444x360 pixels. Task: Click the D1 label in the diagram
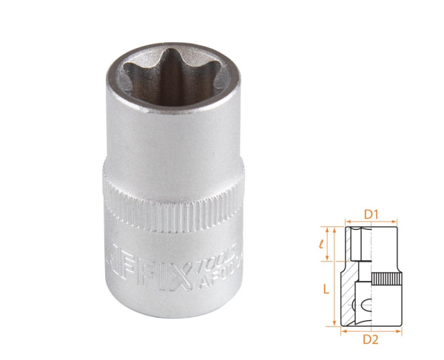point(371,214)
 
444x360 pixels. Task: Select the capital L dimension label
point(326,291)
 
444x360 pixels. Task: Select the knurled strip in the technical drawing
point(386,280)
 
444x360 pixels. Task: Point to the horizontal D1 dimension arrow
point(372,223)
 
